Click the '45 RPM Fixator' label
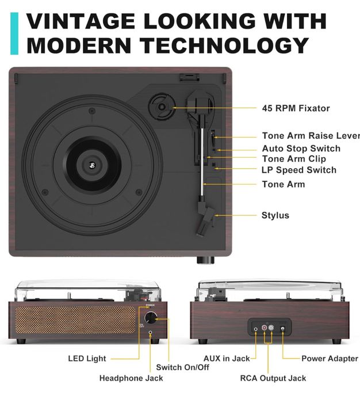[296, 108]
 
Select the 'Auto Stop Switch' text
[301, 149]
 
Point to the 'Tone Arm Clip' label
[294, 159]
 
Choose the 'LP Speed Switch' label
[298, 170]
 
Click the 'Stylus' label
[275, 215]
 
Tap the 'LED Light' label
[87, 359]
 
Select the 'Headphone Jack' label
[131, 378]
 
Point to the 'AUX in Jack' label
[227, 359]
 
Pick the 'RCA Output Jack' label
[273, 378]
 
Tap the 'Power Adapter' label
[330, 359]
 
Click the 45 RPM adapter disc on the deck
[160, 107]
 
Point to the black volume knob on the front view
[151, 317]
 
